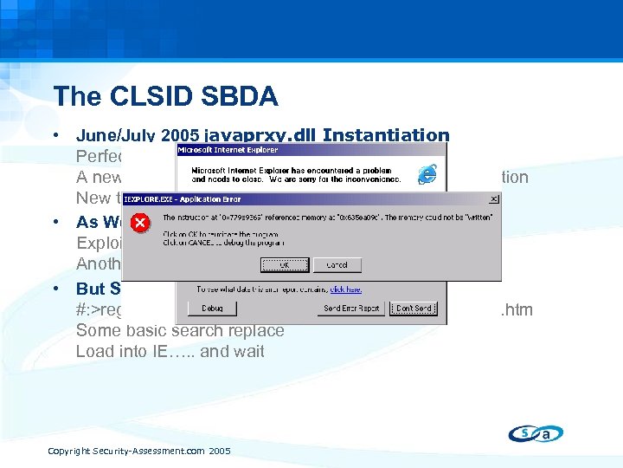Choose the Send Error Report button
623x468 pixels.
pyautogui.click(x=351, y=308)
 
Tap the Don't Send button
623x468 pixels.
pyautogui.click(x=414, y=308)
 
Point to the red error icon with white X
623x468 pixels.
pyautogui.click(x=140, y=224)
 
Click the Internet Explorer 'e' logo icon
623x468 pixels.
pyautogui.click(x=426, y=174)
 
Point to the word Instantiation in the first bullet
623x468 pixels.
pyautogui.click(x=394, y=135)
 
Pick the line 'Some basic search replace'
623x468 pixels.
pyautogui.click(x=179, y=330)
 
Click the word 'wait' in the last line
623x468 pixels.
pyautogui.click(x=247, y=351)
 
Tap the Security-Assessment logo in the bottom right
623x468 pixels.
pyautogui.click(x=534, y=433)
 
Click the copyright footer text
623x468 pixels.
pyautogui.click(x=138, y=451)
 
